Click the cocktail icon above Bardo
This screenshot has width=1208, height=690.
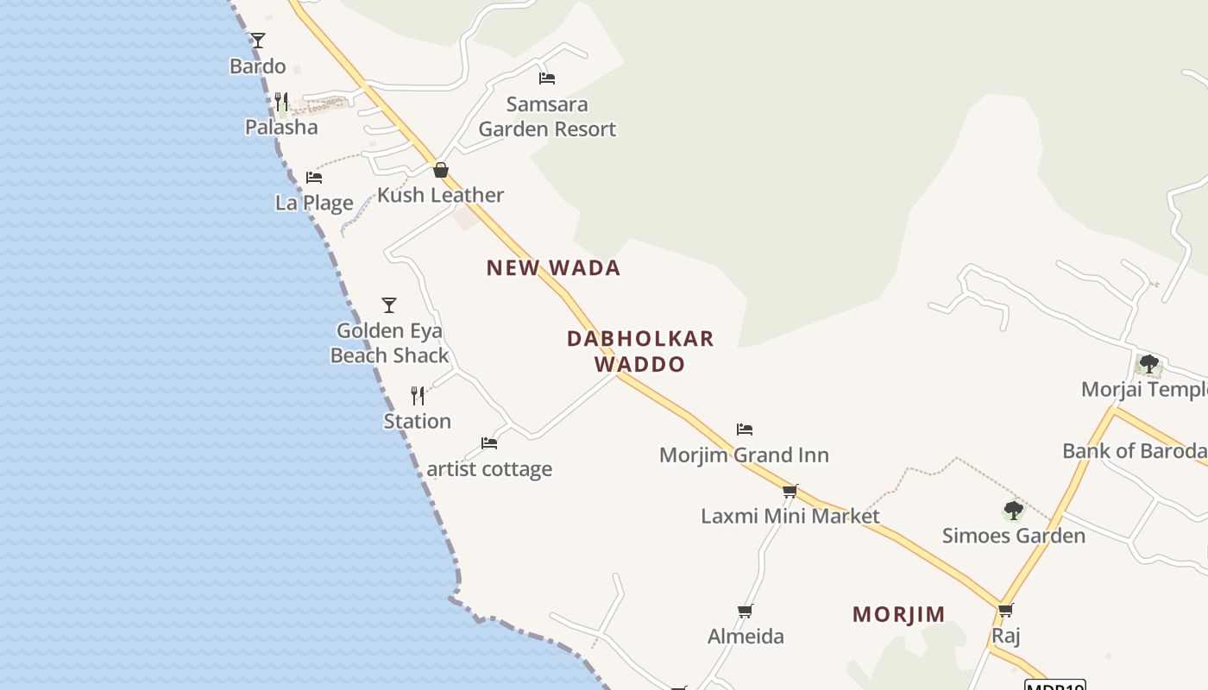[258, 40]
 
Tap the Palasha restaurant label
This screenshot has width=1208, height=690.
[281, 128]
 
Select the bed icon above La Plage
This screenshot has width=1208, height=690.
[314, 178]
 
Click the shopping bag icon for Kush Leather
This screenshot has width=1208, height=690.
[441, 170]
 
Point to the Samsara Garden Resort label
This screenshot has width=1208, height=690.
[547, 117]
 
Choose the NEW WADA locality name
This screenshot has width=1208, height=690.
[553, 268]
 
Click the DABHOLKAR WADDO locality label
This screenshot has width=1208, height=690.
[640, 351]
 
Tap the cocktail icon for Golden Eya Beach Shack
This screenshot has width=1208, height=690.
[389, 304]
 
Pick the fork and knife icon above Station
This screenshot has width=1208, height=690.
[418, 396]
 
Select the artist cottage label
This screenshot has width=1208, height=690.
[489, 469]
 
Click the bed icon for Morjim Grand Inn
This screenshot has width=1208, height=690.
[745, 430]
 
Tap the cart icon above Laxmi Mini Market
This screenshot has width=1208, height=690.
[790, 491]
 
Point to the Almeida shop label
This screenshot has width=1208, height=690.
[746, 637]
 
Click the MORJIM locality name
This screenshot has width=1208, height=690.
[899, 615]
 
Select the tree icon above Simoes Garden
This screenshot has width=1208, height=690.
[1014, 511]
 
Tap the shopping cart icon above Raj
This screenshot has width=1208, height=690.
[1005, 611]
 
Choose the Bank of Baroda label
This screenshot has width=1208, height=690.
[1134, 451]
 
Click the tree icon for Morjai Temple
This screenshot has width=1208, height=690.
[1148, 364]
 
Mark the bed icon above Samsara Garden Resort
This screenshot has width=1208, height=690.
[546, 78]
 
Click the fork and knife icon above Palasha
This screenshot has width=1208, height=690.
[280, 101]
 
